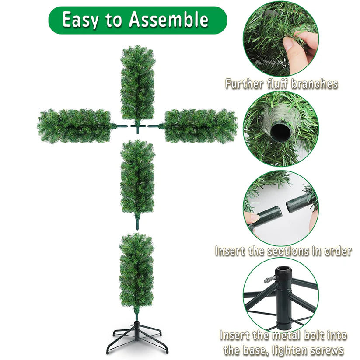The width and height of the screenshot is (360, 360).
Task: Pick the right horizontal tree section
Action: coord(200,126)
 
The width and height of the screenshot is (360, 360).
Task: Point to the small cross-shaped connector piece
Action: coord(138,127)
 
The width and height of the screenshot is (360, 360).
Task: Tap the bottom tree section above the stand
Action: coord(137,269)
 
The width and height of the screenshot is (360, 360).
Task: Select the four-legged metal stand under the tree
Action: coord(137,337)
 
